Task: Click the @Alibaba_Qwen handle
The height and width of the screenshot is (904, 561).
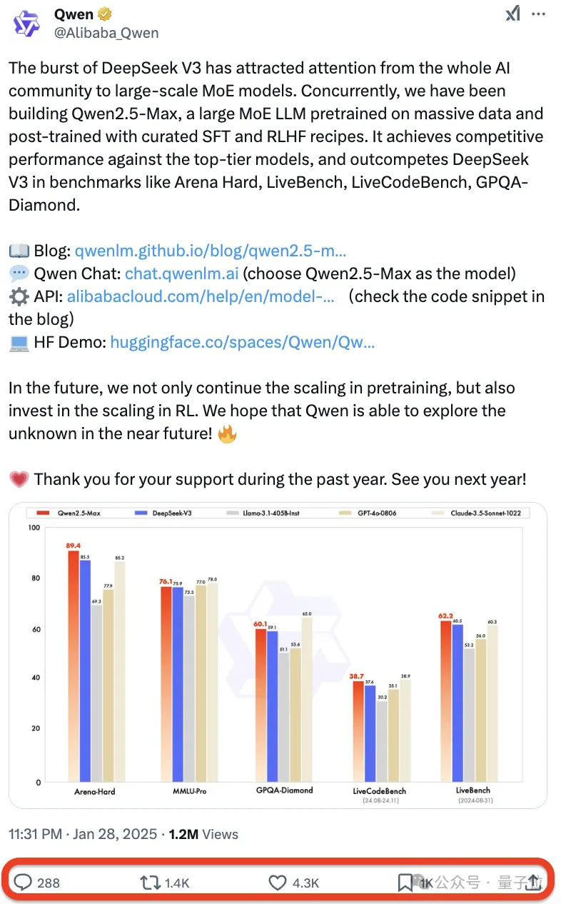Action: [x=106, y=33]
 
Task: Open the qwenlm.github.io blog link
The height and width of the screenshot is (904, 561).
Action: [x=211, y=251]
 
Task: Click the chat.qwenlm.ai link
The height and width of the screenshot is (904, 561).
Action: [x=182, y=273]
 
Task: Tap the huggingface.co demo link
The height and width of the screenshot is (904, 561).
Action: [x=243, y=342]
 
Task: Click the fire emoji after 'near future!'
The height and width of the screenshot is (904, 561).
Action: [x=227, y=433]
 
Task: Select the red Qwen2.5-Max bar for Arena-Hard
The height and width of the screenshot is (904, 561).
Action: [x=74, y=664]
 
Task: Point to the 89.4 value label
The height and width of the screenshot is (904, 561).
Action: [x=73, y=545]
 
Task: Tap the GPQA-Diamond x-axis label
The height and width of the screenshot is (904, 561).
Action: [x=284, y=790]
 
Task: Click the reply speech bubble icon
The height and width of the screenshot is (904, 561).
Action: [x=23, y=883]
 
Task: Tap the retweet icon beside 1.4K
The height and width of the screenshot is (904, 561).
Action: [x=150, y=883]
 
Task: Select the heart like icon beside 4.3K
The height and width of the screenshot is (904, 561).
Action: [x=278, y=883]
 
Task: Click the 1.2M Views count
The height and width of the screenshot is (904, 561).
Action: [x=203, y=834]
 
